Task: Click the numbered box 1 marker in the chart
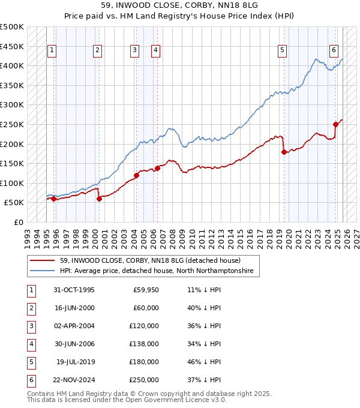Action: click(53, 51)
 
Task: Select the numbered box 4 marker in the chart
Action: click(155, 51)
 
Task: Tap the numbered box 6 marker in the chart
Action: click(334, 51)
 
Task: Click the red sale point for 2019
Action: click(284, 152)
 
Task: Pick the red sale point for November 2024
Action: click(335, 124)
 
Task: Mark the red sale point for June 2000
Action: click(99, 199)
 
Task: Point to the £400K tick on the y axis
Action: click(12, 65)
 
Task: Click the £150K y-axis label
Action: click(12, 163)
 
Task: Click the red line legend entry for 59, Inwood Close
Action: click(150, 260)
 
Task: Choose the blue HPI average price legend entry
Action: click(157, 271)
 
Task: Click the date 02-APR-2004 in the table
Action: click(74, 326)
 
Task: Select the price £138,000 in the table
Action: click(145, 344)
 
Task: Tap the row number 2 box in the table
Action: click(31, 308)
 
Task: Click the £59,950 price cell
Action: click(145, 290)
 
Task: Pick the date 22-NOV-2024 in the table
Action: click(74, 380)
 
